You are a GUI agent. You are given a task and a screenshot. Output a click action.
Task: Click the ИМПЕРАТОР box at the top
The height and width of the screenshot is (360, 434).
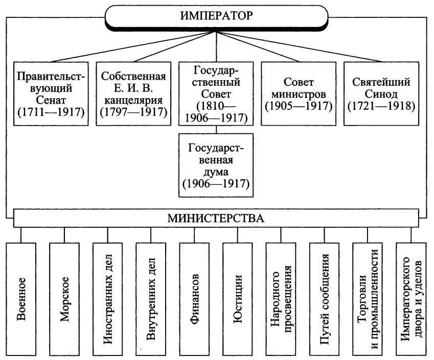(216, 16)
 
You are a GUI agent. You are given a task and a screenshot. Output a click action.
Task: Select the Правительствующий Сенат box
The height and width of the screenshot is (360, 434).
(51, 94)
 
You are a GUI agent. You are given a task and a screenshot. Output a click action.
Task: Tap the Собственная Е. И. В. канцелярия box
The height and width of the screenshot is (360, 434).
(133, 94)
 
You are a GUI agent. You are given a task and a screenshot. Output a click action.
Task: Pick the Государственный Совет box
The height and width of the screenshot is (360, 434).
(216, 94)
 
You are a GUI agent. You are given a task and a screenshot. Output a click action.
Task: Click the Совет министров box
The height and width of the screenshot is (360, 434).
(299, 94)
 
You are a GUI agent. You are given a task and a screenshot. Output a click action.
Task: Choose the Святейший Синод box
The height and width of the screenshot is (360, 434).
(381, 94)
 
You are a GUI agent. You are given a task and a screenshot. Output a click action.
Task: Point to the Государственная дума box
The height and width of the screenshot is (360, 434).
(216, 165)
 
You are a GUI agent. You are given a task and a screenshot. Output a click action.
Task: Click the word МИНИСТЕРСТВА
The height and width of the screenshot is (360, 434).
(216, 219)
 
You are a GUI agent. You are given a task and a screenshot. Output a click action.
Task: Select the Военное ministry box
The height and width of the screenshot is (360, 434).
(21, 299)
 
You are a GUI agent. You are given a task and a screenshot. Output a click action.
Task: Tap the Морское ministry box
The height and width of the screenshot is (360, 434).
(64, 299)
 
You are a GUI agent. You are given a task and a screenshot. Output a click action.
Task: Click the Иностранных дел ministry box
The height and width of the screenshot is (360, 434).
(108, 299)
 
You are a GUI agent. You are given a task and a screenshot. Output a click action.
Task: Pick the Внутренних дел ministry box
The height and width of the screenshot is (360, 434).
(151, 299)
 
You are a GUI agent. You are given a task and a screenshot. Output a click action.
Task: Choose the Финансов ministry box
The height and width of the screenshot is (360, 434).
(194, 299)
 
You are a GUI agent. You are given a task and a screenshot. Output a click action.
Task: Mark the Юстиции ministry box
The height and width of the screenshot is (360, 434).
(238, 299)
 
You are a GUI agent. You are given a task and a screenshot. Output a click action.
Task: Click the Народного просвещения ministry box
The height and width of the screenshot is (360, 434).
(281, 299)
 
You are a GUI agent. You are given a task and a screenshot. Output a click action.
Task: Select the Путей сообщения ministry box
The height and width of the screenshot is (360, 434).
(324, 299)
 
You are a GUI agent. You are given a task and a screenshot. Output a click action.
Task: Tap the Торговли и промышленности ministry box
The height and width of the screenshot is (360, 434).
(368, 299)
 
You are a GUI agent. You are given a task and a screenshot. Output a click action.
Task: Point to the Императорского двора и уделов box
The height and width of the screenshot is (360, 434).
(411, 299)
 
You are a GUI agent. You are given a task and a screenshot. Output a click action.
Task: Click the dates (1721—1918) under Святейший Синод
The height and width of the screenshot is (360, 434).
(381, 106)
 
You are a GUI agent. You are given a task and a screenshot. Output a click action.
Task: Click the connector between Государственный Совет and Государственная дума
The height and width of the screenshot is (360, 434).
(216, 130)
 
